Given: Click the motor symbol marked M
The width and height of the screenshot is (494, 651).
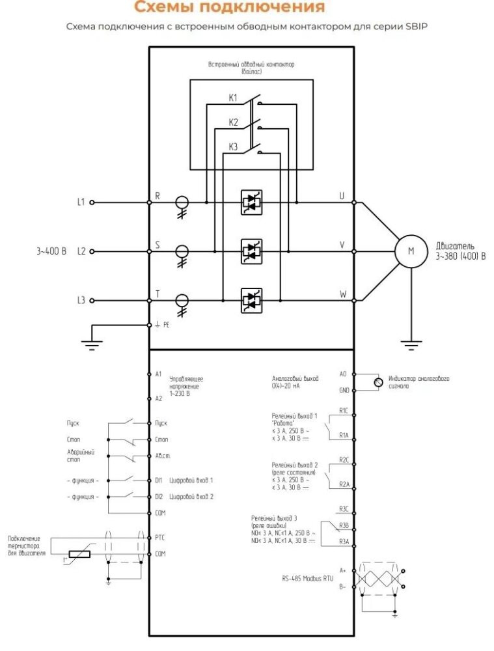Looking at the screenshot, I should (411, 251).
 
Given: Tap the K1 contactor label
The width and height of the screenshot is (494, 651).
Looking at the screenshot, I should (233, 98).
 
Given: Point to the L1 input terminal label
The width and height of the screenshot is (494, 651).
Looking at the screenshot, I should (81, 202).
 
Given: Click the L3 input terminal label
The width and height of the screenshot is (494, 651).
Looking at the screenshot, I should (81, 300).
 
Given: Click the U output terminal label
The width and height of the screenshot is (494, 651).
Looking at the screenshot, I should (342, 196).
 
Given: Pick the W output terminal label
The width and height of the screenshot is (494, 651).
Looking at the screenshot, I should (342, 294).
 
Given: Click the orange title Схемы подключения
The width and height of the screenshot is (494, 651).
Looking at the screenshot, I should (228, 8).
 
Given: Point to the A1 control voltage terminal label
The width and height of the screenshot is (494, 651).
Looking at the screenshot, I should (158, 374).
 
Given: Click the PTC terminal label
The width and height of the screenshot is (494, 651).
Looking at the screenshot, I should (160, 537).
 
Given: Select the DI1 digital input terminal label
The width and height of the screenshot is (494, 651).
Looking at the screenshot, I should (159, 480).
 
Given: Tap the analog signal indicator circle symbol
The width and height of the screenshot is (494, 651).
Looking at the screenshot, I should (377, 382).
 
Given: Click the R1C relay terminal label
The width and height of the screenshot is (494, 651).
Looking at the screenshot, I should (344, 410).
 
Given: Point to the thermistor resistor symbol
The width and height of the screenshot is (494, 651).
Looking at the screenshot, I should (78, 554).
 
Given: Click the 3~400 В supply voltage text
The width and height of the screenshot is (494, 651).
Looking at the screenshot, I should (52, 251).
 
